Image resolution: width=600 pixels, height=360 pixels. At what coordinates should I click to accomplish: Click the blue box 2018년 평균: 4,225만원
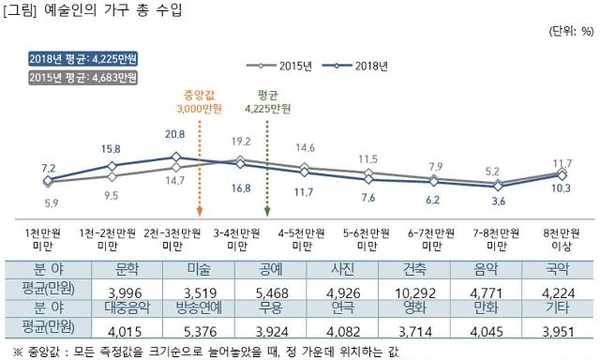[69, 59]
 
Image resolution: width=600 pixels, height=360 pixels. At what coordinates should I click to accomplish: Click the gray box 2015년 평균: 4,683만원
[69, 76]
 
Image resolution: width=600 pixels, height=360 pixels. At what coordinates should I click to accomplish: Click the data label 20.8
[174, 135]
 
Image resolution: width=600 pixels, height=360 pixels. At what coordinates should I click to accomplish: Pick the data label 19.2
[241, 141]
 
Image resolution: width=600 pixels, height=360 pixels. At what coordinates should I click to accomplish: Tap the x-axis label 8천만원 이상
[561, 238]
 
